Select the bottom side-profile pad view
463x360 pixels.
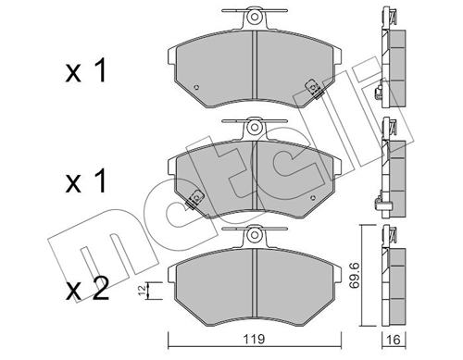click(x=389, y=282)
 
